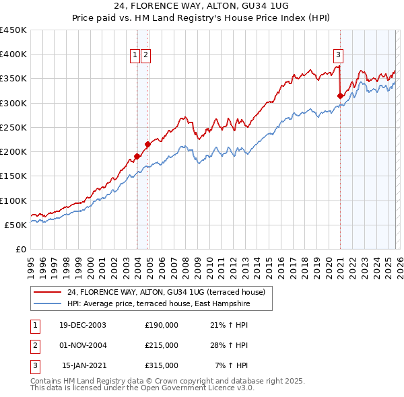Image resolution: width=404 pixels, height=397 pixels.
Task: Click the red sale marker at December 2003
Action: coord(137,156)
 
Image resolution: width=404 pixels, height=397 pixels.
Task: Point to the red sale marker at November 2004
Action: coord(147,144)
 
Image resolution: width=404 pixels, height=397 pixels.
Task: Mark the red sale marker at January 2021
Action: coord(340,96)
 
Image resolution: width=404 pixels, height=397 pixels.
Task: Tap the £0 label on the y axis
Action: coord(20,249)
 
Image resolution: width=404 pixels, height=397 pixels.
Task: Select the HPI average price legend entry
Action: coord(158,304)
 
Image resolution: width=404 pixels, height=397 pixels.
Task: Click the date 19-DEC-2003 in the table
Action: coord(82,325)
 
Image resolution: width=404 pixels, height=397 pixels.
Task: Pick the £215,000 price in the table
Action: coord(161,345)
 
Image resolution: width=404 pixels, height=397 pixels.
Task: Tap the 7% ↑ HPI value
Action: coord(231,365)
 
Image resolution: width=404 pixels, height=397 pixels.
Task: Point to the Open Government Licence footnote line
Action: coord(142,388)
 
